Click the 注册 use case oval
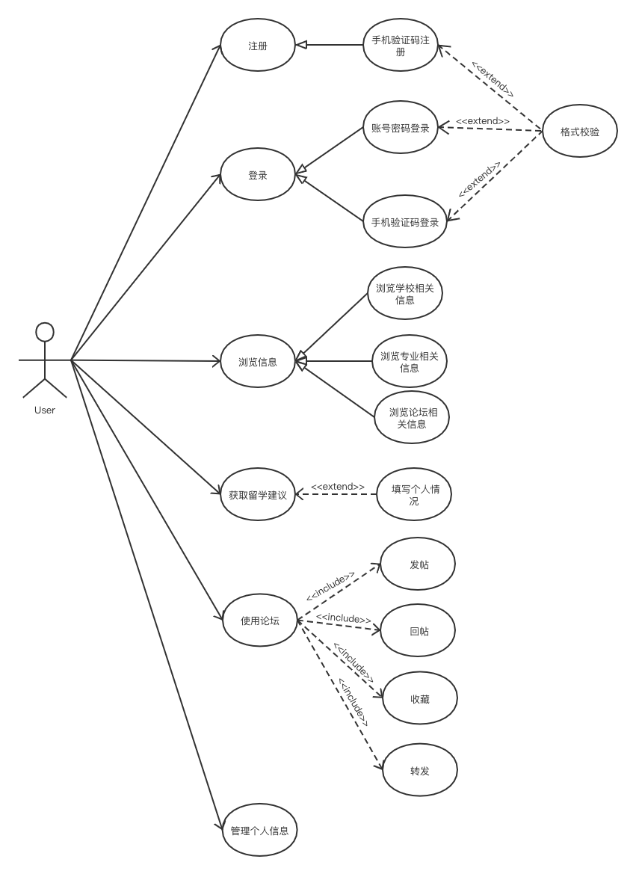(258, 45)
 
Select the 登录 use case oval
(258, 174)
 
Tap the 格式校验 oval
(580, 131)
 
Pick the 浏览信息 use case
(258, 361)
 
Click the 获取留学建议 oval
(258, 494)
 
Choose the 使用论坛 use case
(260, 620)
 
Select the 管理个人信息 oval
(260, 830)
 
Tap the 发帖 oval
(418, 564)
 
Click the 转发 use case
(420, 770)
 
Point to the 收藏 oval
(420, 698)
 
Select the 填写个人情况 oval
(413, 494)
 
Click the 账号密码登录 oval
(401, 128)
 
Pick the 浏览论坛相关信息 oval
(411, 417)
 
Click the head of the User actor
(45, 332)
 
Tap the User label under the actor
(45, 410)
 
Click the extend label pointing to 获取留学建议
(338, 487)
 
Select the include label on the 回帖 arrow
(343, 618)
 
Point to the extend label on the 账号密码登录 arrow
(483, 121)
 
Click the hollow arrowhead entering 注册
(301, 45)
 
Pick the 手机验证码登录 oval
(405, 221)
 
